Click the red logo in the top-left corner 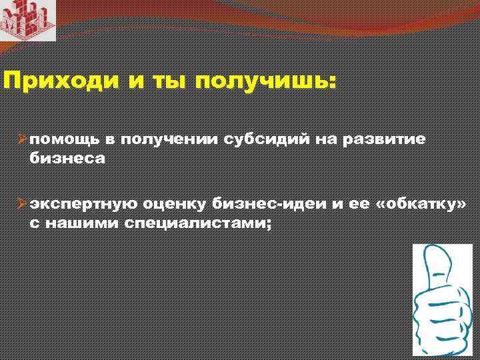coord(27,20)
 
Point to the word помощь coord(62,139)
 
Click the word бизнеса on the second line coord(67,157)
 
